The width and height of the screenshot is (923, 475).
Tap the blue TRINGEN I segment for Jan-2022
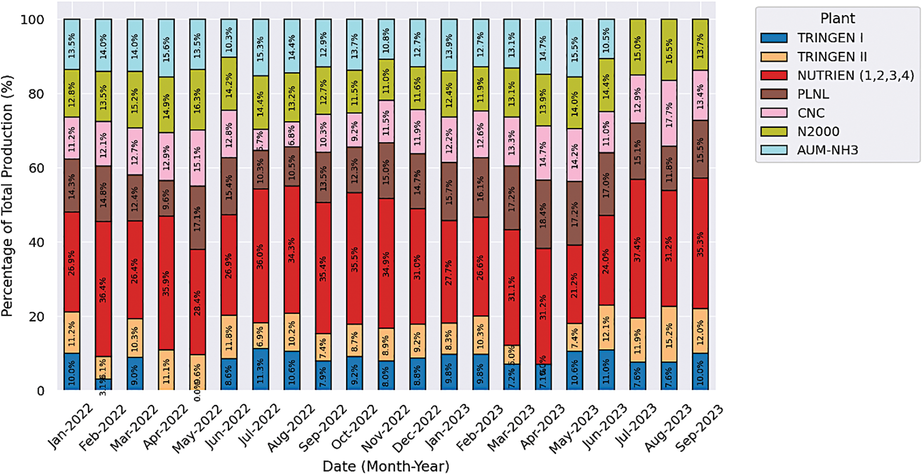click(72, 371)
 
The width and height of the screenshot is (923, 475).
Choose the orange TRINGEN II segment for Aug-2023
click(669, 334)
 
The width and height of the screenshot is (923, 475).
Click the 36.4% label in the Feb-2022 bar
click(103, 290)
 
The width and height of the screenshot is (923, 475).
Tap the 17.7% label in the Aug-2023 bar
click(669, 114)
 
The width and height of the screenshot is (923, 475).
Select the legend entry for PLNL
click(813, 94)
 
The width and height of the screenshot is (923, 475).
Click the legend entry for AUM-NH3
click(828, 150)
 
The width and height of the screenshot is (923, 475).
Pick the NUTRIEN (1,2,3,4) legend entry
click(855, 76)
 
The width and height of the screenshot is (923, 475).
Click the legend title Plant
click(837, 18)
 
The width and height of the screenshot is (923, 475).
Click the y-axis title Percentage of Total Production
click(7, 196)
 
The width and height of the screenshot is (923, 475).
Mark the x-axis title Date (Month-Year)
click(386, 466)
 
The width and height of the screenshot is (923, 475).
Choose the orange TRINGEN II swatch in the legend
click(774, 57)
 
